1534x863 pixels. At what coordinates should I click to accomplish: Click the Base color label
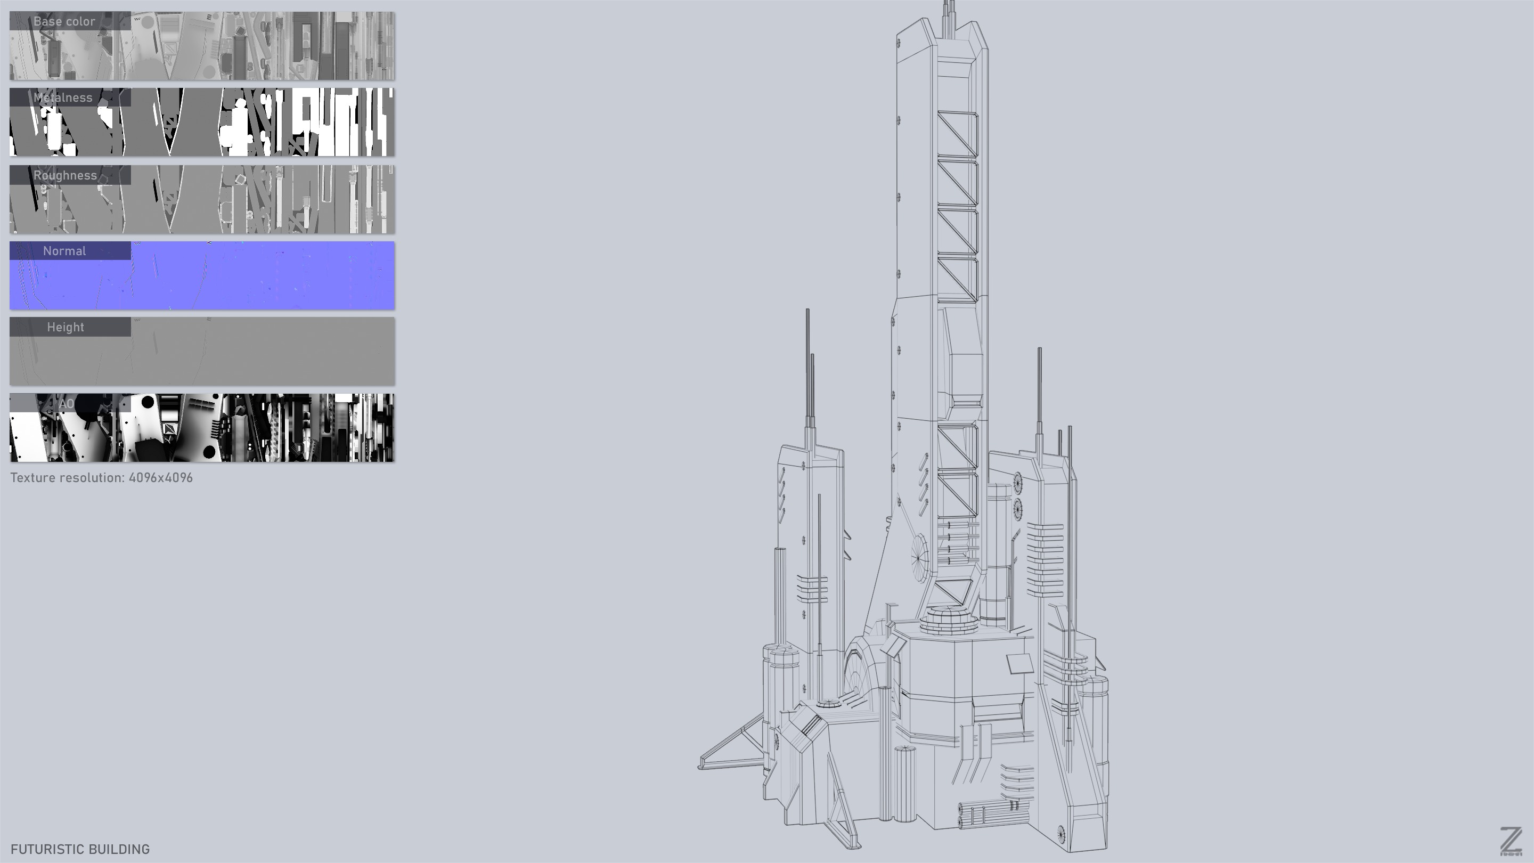(x=64, y=21)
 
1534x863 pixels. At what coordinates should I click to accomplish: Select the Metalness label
(x=63, y=97)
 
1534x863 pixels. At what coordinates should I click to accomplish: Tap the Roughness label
(x=65, y=175)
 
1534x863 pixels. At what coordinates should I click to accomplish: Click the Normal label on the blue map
(x=64, y=251)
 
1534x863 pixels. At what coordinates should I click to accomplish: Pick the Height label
(x=66, y=328)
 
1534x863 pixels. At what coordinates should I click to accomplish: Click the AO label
(x=66, y=404)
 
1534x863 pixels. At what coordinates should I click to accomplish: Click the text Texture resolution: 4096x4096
(x=101, y=478)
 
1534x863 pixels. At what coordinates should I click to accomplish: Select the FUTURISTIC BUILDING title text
(x=80, y=849)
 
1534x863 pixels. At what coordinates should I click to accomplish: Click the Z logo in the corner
(x=1511, y=842)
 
